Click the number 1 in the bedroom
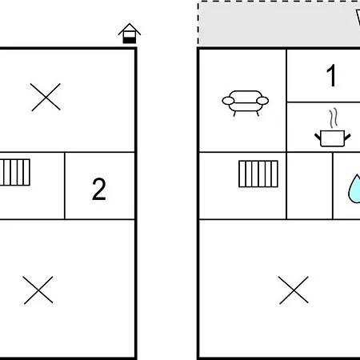click(331, 76)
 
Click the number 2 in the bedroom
click(99, 189)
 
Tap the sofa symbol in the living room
click(246, 103)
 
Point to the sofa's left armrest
click(228, 101)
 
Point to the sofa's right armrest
click(262, 101)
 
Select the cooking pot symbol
click(333, 138)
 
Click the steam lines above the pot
click(334, 118)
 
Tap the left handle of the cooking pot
click(318, 137)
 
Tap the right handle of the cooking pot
click(347, 137)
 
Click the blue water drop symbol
click(354, 190)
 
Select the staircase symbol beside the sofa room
click(258, 174)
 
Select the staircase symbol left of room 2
click(14, 172)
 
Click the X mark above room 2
click(46, 97)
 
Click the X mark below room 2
click(38, 290)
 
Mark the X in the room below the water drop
click(294, 290)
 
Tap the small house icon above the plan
click(130, 34)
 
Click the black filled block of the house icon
click(130, 40)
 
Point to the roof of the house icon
click(130, 28)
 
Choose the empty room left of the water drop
click(310, 186)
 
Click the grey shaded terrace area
click(278, 24)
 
